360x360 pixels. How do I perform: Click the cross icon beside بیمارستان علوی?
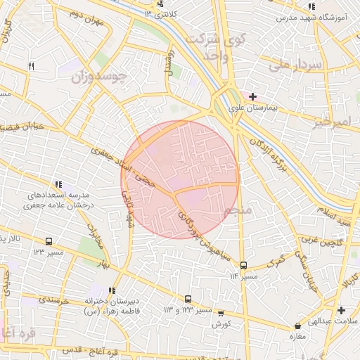tap(252, 96)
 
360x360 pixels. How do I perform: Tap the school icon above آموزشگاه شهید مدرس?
tap(311, 6)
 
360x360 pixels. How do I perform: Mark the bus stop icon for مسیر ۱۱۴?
tap(243, 265)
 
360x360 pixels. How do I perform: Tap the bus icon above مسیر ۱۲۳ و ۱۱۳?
tap(188, 299)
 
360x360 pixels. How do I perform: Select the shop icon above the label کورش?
tap(221, 314)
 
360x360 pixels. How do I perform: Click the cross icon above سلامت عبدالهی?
tap(341, 310)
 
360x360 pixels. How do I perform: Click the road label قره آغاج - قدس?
tap(78, 349)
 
